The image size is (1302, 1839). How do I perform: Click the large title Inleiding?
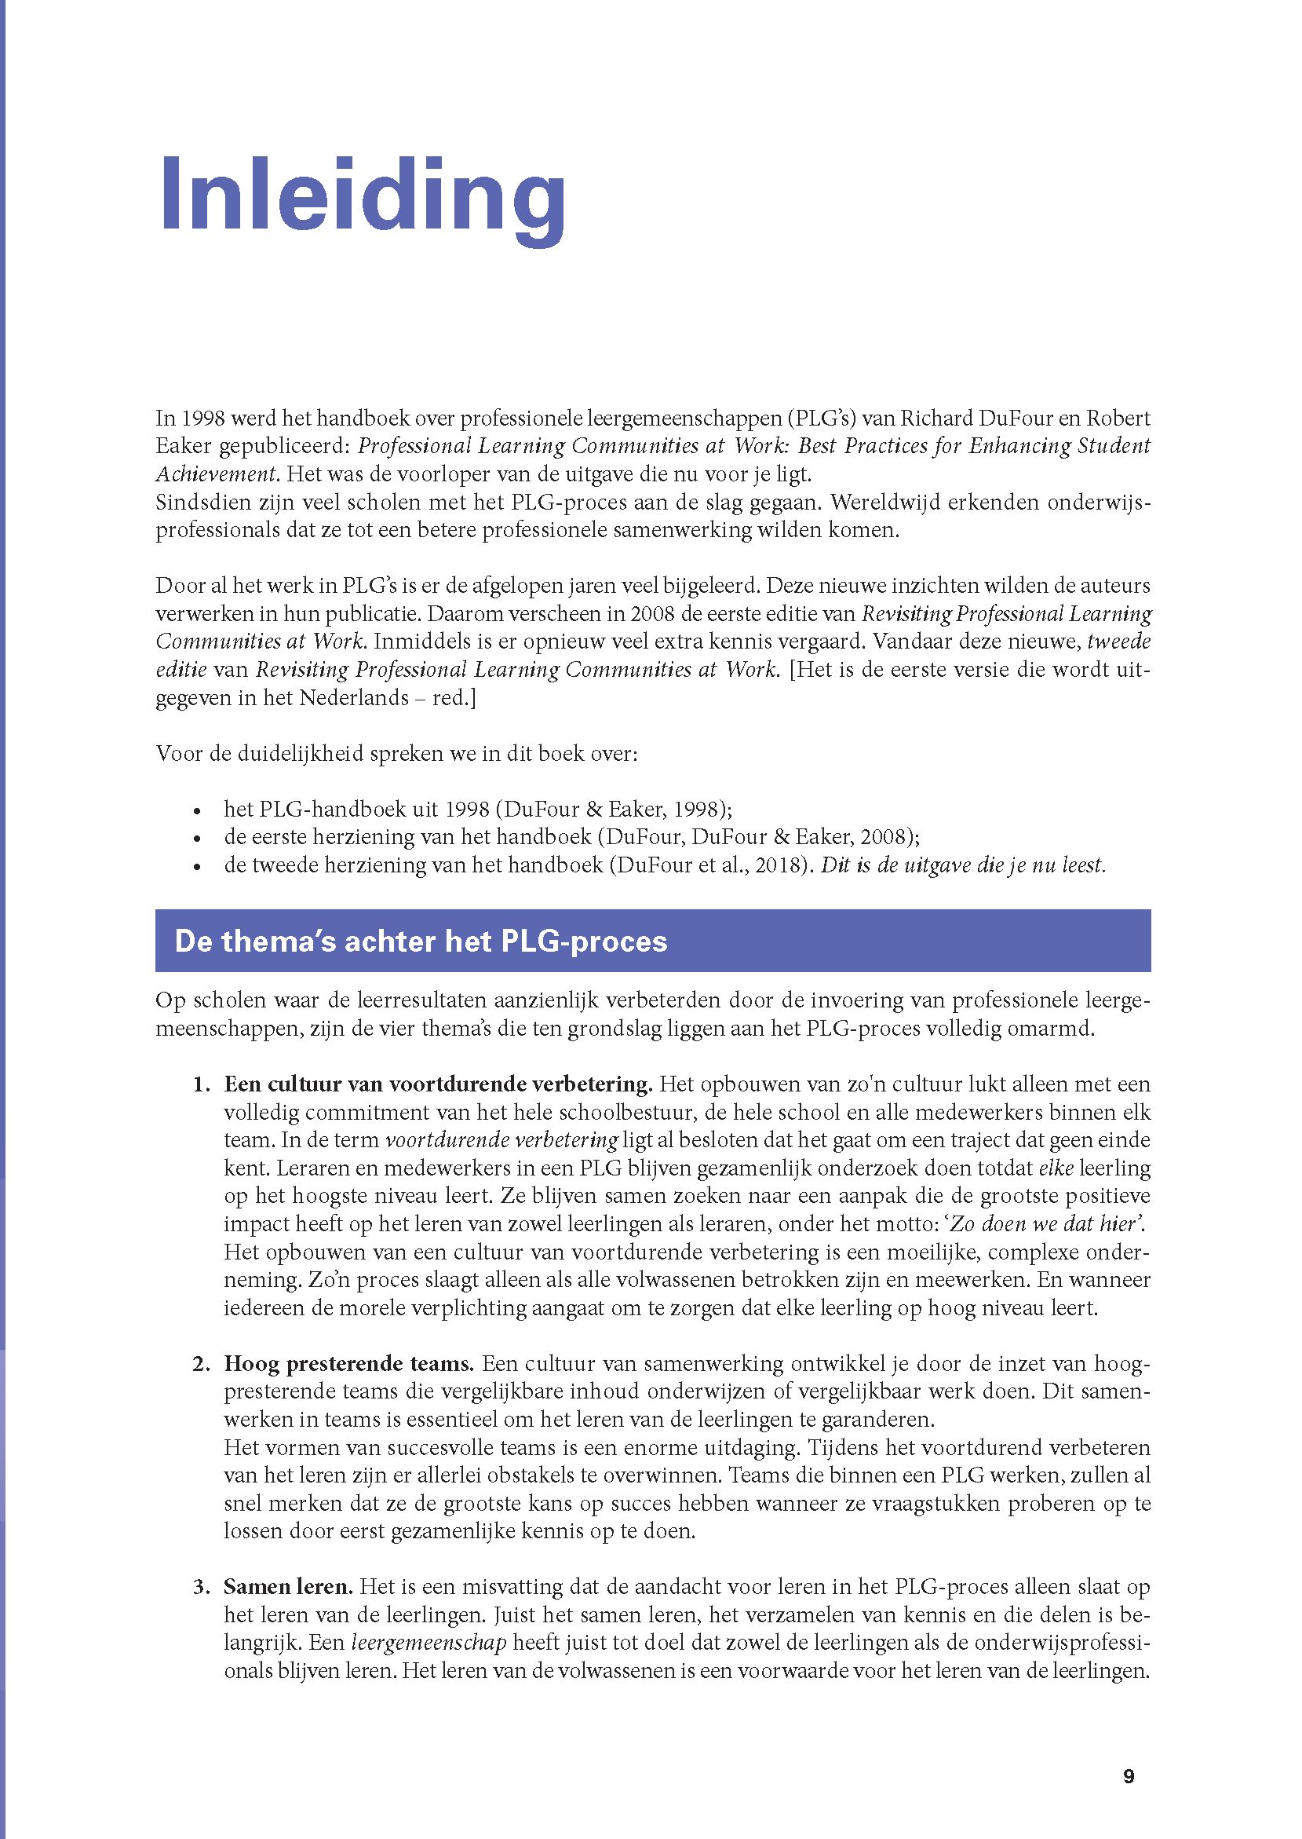[x=363, y=196]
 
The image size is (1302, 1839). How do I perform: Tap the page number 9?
[x=1129, y=1754]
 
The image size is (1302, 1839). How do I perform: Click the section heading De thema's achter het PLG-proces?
[x=421, y=941]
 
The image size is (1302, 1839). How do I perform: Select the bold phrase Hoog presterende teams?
[x=349, y=1363]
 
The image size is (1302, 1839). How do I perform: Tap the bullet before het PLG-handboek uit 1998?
[x=197, y=810]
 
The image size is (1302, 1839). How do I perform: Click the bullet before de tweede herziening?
[x=197, y=867]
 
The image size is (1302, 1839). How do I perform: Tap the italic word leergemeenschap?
[x=429, y=1643]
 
